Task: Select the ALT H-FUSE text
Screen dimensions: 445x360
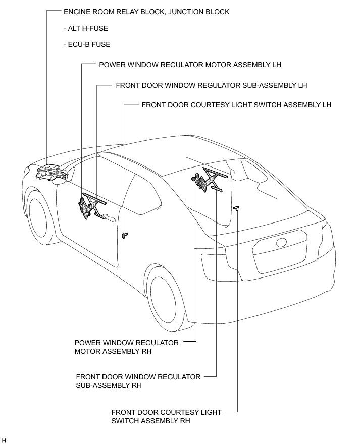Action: pyautogui.click(x=86, y=28)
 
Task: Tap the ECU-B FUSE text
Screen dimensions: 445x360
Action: pyautogui.click(x=87, y=44)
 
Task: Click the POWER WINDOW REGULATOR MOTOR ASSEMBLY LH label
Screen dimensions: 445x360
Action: pyautogui.click(x=190, y=65)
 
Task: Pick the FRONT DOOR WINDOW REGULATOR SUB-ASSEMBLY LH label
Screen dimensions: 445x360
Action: pyautogui.click(x=211, y=85)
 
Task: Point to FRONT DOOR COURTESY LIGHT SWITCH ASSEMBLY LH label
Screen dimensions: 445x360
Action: pyautogui.click(x=236, y=105)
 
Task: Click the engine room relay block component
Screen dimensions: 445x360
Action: pyautogui.click(x=50, y=172)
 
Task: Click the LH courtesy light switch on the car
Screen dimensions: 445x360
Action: pyautogui.click(x=125, y=235)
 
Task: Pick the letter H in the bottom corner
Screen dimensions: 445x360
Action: pyautogui.click(x=4, y=440)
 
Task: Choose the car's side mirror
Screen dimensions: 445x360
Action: pyautogui.click(x=62, y=178)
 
